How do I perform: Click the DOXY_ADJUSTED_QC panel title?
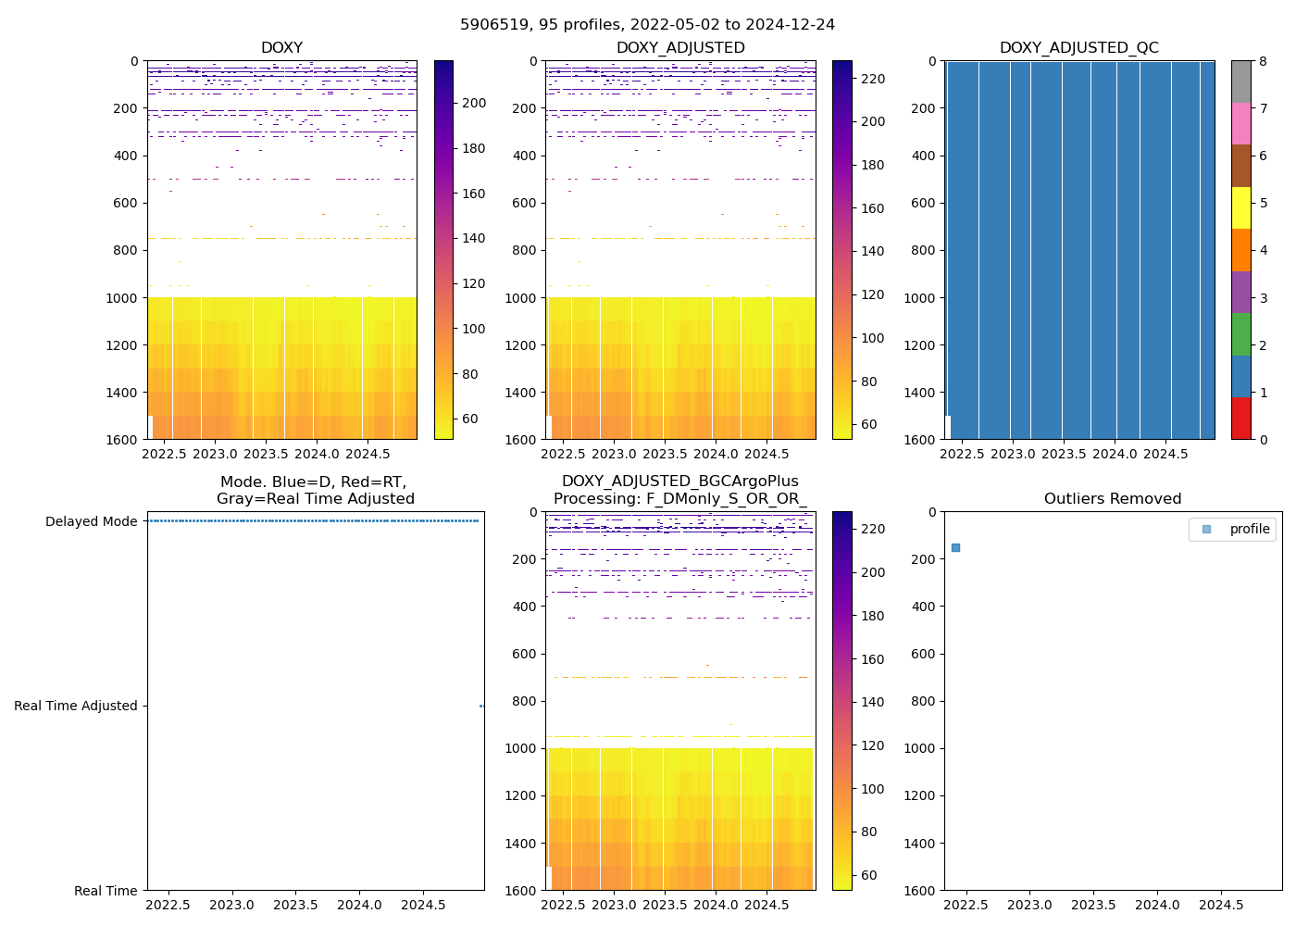(x=1078, y=48)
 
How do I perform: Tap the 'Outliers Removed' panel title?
(x=1113, y=499)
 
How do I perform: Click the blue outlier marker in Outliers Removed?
(x=955, y=547)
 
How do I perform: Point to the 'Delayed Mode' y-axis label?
(x=91, y=521)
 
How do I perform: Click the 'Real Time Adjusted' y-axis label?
(x=75, y=706)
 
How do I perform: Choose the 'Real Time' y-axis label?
(x=106, y=891)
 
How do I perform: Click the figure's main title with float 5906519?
(x=647, y=25)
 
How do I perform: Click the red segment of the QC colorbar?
(x=1240, y=419)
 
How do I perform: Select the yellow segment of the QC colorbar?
(x=1240, y=207)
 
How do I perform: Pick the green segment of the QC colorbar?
(x=1240, y=334)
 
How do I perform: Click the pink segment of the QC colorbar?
(x=1240, y=123)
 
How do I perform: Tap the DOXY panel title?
(x=281, y=48)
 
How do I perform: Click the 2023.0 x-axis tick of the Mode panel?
(x=231, y=905)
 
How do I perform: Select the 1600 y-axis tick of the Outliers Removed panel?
(x=922, y=891)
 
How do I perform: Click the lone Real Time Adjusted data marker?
(x=481, y=706)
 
